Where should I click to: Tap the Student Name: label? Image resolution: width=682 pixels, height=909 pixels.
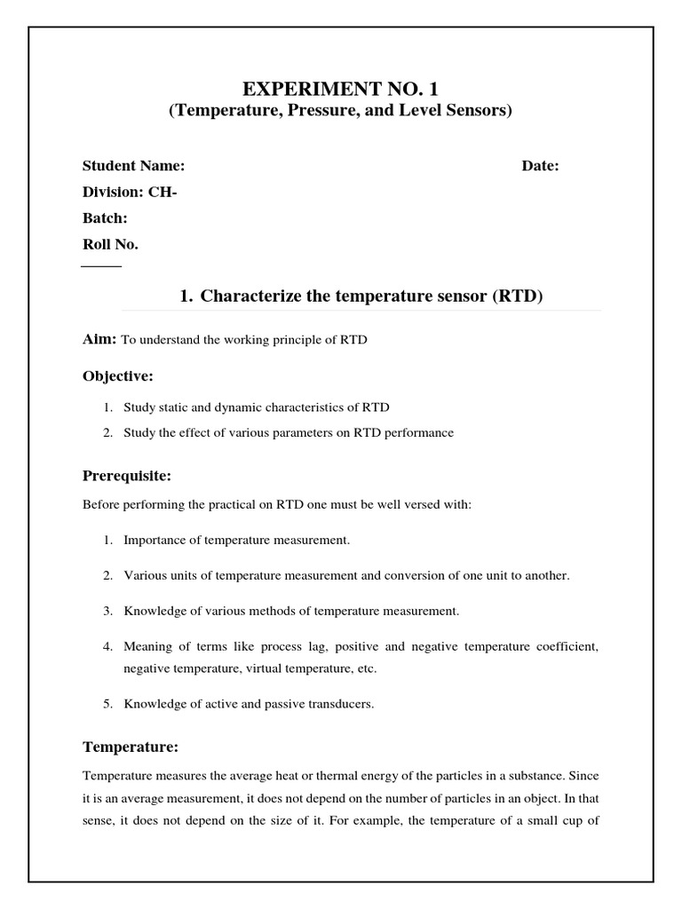point(134,166)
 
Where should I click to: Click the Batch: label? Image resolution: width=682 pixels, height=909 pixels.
point(106,217)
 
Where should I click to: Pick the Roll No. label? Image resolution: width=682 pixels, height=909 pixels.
point(110,243)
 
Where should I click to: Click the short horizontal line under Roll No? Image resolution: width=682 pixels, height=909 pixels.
point(101,266)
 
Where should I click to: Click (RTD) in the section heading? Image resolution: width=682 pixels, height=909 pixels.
point(517,296)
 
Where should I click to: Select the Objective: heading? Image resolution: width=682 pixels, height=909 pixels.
point(118,376)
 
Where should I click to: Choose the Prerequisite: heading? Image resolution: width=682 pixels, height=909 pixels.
point(127,477)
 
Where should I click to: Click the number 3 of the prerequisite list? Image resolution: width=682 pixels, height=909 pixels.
point(106,611)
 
